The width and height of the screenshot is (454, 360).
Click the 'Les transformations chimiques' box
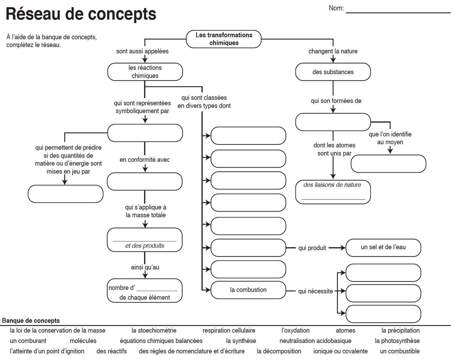point(223,39)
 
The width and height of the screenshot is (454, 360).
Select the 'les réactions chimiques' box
point(145,72)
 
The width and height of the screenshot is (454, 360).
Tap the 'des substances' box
point(333,72)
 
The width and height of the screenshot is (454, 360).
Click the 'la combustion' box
point(248,290)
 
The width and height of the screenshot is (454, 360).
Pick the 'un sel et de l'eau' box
point(383,247)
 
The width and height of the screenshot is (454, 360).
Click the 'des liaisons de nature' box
point(333,192)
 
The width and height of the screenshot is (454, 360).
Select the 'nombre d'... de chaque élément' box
point(144,291)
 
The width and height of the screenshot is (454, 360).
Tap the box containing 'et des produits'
point(144,240)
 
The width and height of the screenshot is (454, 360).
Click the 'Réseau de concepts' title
point(81,14)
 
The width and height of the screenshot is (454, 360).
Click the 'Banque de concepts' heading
point(31,321)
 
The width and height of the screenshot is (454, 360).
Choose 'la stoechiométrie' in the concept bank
point(154,331)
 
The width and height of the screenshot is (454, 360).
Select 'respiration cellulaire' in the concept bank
point(229,331)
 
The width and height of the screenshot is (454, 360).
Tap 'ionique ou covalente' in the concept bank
point(340,351)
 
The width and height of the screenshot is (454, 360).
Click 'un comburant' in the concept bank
point(28,341)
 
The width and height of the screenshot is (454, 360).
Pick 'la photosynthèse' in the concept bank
point(397,341)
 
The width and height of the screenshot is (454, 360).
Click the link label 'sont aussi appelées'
point(142,51)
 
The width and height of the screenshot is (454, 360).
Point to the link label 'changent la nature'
point(333,51)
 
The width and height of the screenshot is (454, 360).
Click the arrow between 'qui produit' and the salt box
point(337,248)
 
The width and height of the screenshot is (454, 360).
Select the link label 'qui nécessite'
point(315,291)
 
